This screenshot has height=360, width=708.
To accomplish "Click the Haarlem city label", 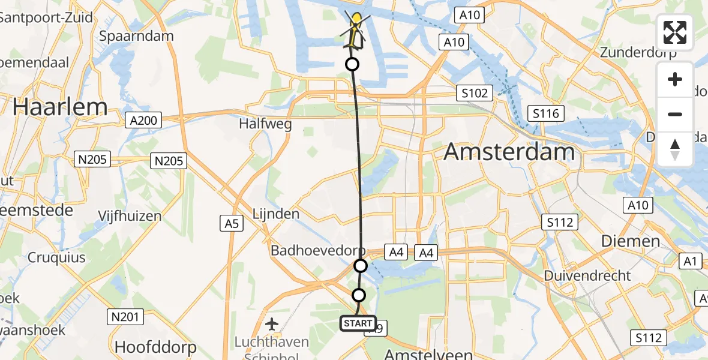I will pyautogui.click(x=60, y=107).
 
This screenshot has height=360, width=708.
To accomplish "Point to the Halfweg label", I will pyautogui.click(x=265, y=124).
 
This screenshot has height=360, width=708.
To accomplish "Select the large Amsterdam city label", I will pyautogui.click(x=509, y=152).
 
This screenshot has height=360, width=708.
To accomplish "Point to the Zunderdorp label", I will pyautogui.click(x=638, y=52).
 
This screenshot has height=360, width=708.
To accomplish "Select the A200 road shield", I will pyautogui.click(x=143, y=121).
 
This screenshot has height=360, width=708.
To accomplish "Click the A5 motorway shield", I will pyautogui.click(x=232, y=224).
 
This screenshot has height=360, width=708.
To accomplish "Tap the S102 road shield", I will pyautogui.click(x=473, y=93).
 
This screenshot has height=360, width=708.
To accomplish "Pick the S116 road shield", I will pyautogui.click(x=545, y=113).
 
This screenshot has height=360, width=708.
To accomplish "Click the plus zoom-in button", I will pyautogui.click(x=675, y=79).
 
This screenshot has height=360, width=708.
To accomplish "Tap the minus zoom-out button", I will pyautogui.click(x=675, y=114).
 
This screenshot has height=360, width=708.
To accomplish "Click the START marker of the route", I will pyautogui.click(x=358, y=323).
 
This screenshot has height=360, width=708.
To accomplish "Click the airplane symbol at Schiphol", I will pyautogui.click(x=272, y=325).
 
